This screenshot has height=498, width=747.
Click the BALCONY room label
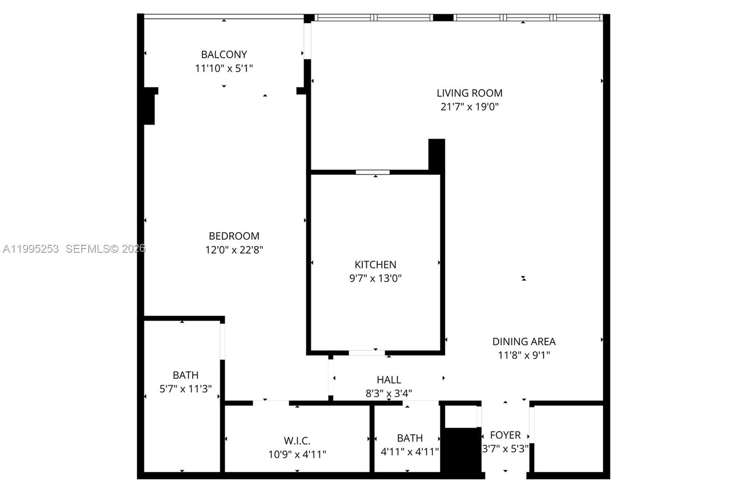pos(224,54)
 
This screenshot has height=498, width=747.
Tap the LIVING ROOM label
pos(469,93)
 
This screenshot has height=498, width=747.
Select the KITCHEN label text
pos(375,264)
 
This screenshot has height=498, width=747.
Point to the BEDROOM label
pos(234,236)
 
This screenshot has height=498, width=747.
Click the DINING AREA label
pos(524,341)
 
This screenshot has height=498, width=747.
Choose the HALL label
pos(389,380)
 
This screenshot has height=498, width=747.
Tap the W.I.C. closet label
pos(297,441)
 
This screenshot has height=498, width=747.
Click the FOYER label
pos(505,435)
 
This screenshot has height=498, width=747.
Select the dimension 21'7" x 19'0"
pos(469,107)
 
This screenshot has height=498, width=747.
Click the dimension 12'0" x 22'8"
pos(234,250)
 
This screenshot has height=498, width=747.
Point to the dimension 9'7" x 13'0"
pos(375,278)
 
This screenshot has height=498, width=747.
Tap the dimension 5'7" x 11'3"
pos(185,389)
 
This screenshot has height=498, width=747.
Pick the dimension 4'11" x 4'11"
pos(409,452)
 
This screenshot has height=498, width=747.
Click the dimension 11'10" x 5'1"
pos(224,68)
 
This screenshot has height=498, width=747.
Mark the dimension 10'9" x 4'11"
pos(297,454)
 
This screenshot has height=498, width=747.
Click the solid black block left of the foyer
pos(461,451)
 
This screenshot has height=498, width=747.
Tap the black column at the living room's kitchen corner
pos(437,155)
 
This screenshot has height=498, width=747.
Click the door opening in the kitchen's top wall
pos(373,172)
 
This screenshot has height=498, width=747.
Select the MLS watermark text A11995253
pos(31,249)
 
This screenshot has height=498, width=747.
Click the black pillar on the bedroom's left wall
pos(149,107)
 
